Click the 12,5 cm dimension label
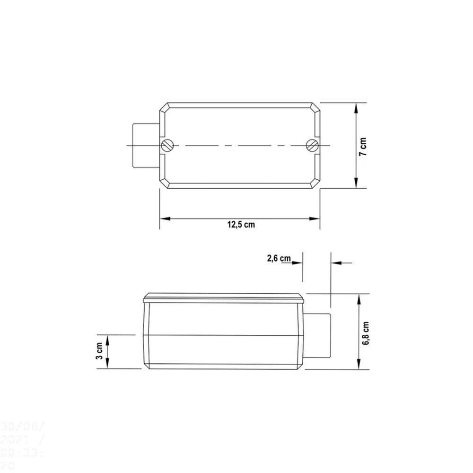[x=240, y=225]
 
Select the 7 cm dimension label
[x=363, y=147]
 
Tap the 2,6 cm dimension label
[x=279, y=258]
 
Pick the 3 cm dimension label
[x=100, y=351]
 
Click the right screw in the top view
[x=312, y=145]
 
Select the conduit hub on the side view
[x=317, y=335]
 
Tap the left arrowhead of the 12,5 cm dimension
[x=164, y=219]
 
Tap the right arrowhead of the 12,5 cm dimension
[x=315, y=219]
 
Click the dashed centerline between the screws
[x=239, y=146]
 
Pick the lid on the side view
[x=224, y=298]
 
